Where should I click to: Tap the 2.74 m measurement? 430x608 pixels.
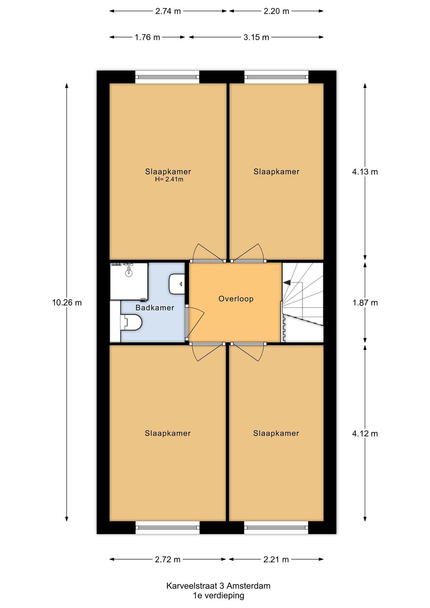(168, 11)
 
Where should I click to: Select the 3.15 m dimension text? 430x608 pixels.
(256, 37)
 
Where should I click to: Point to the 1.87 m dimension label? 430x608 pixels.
(365, 303)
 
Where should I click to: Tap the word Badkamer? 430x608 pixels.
(155, 308)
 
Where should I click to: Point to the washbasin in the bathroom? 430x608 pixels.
(177, 284)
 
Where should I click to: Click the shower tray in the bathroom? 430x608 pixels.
(129, 281)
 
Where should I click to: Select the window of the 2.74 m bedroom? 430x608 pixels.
(167, 77)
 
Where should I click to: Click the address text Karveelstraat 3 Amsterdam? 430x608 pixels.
(218, 586)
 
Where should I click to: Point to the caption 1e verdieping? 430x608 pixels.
(219, 596)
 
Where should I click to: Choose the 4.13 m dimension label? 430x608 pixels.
(365, 172)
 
